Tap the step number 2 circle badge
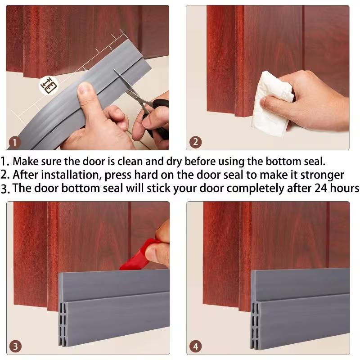(x=195, y=143)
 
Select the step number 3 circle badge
(x=16, y=346)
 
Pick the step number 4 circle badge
(x=196, y=346)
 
